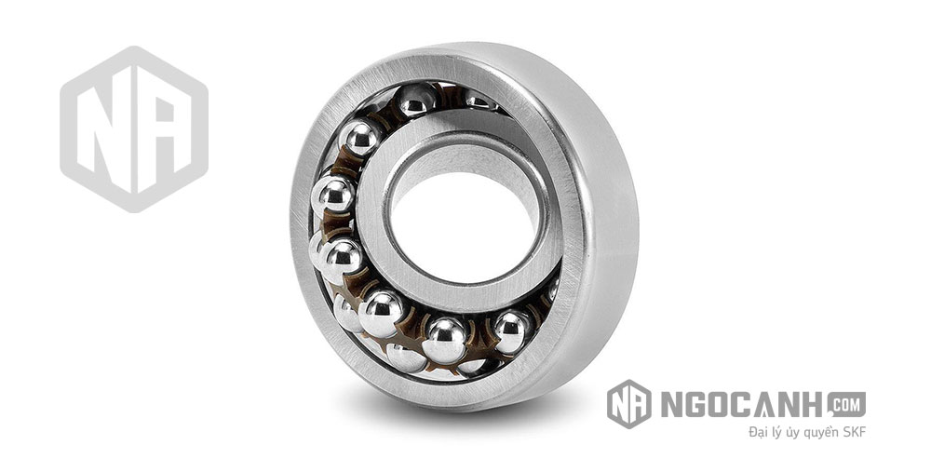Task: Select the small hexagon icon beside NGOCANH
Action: coord(628,404)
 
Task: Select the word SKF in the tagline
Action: coord(855,432)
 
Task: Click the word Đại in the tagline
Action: coord(759,432)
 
